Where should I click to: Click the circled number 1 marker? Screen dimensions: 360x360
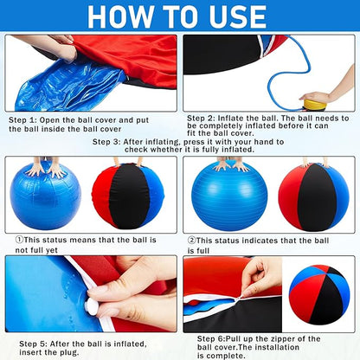[x=21, y=239]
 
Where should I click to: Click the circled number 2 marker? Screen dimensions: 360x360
[x=192, y=239]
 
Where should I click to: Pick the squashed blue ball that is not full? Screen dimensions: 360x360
[x=46, y=195]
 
